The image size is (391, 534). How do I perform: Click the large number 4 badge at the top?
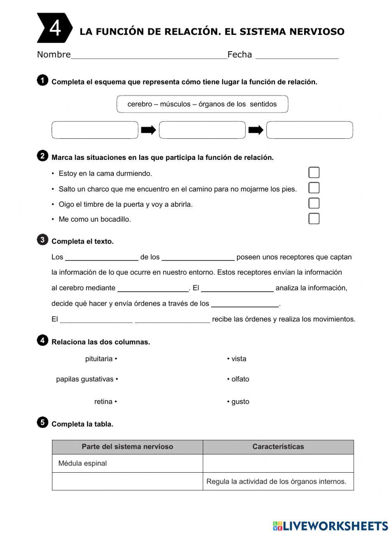pyautogui.click(x=54, y=28)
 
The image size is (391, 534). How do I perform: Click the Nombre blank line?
pyautogui.click(x=149, y=55)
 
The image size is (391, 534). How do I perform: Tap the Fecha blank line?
pyautogui.click(x=297, y=55)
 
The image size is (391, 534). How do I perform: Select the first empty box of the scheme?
pyautogui.click(x=95, y=130)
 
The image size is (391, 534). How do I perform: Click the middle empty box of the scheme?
pyautogui.click(x=202, y=130)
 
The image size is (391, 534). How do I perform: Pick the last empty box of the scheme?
pyautogui.click(x=309, y=130)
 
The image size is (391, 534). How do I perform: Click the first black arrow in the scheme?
pyautogui.click(x=149, y=130)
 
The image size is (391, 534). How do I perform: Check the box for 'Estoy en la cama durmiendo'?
pyautogui.click(x=314, y=172)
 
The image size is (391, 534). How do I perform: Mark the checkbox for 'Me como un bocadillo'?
pyautogui.click(x=314, y=219)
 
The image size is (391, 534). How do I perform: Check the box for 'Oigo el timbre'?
pyautogui.click(x=314, y=203)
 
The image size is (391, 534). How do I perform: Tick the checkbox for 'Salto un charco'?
pyautogui.click(x=314, y=188)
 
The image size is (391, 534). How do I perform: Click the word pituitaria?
pyautogui.click(x=99, y=359)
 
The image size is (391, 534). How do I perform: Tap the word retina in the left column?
pyautogui.click(x=103, y=402)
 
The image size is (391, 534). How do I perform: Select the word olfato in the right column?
pyautogui.click(x=240, y=379)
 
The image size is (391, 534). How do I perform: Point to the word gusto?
pyautogui.click(x=240, y=402)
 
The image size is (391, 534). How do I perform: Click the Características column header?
pyautogui.click(x=278, y=447)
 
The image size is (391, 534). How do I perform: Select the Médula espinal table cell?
pyautogui.click(x=127, y=464)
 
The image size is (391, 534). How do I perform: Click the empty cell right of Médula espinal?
pyautogui.click(x=278, y=464)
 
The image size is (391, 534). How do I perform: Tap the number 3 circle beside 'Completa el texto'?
pyautogui.click(x=42, y=240)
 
